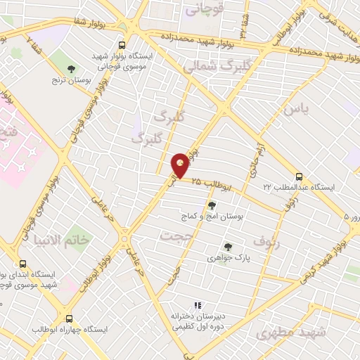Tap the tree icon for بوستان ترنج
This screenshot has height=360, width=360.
tap(71, 68)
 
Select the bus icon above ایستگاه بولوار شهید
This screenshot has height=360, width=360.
tap(122, 43)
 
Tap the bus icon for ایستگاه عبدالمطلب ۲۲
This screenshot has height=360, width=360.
tap(300, 176)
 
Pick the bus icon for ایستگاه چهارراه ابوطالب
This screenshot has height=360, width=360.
tap(68, 318)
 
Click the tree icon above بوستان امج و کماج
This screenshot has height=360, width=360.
tap(212, 205)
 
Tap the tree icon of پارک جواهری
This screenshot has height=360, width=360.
tap(227, 246)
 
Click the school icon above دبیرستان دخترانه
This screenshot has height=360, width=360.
tap(198, 305)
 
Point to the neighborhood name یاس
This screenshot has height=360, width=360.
tap(296, 110)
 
